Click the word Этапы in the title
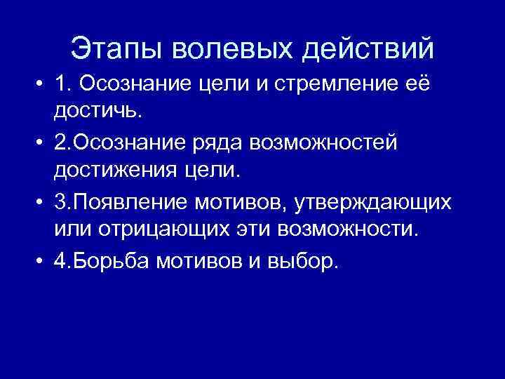[119, 48]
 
